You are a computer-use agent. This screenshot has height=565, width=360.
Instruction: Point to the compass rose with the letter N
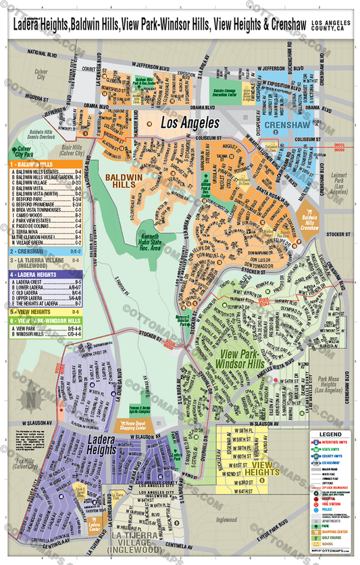[30, 400]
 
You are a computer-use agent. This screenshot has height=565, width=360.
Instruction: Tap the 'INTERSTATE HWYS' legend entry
[333, 443]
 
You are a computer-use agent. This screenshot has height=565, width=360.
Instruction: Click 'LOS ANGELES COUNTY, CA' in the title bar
[332, 26]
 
